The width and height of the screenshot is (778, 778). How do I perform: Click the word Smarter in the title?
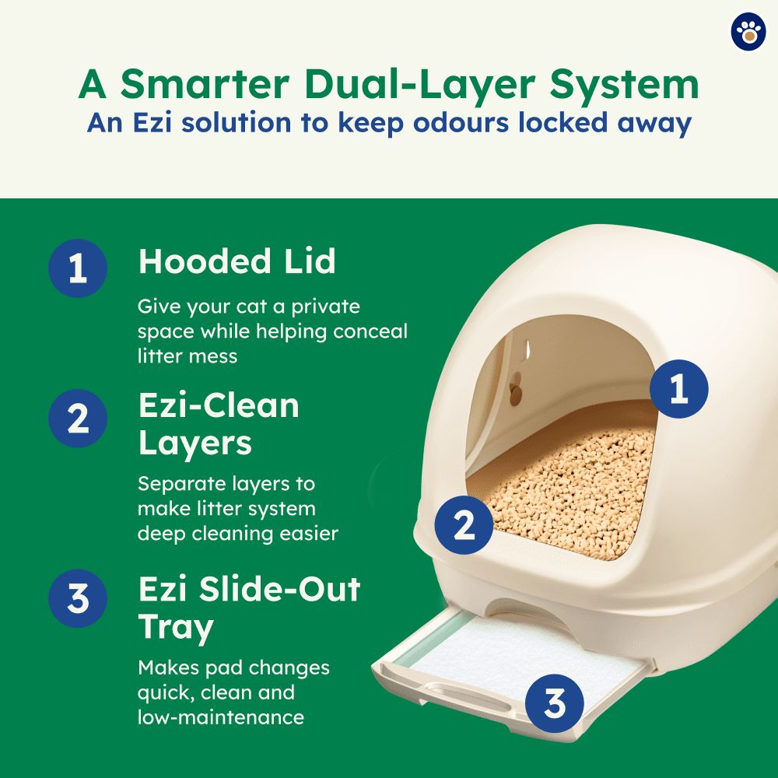click(x=205, y=84)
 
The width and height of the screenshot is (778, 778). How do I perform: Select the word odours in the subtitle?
click(x=461, y=122)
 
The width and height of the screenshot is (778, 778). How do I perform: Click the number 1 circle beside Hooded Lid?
click(x=78, y=268)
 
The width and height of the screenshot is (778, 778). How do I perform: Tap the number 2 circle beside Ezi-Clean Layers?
click(x=78, y=419)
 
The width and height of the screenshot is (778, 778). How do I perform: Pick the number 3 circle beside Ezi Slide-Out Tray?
click(x=78, y=598)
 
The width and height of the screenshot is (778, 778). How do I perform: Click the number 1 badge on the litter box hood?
click(x=679, y=389)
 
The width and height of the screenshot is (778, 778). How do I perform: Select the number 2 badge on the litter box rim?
click(x=464, y=525)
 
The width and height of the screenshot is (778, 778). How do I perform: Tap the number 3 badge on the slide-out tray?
click(x=554, y=703)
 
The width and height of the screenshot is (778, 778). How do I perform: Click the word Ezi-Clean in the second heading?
click(x=219, y=405)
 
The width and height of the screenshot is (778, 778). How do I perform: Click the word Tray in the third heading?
click(x=176, y=628)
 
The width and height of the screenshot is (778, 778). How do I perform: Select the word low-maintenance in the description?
click(x=221, y=717)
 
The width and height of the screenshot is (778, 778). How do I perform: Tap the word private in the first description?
click(x=325, y=307)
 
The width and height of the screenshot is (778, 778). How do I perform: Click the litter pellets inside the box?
click(x=570, y=491)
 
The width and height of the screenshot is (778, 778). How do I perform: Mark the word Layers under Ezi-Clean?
click(x=195, y=444)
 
